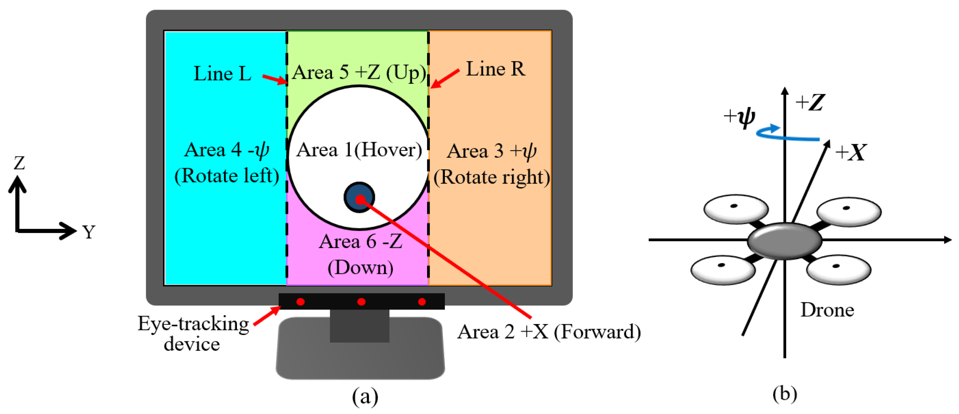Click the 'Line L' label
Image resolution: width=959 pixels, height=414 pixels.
[x=223, y=73]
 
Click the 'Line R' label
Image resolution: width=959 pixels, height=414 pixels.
[x=495, y=69]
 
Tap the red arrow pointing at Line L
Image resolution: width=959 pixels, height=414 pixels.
[x=275, y=79]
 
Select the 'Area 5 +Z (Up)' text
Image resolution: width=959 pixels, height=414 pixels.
[x=359, y=72]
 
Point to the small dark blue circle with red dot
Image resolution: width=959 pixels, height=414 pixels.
[x=359, y=197]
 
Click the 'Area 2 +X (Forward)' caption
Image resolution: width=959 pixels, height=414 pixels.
[x=549, y=332]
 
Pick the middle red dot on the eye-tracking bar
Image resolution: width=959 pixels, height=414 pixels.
[x=361, y=301]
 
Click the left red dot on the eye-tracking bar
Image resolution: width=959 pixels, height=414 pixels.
[x=301, y=301]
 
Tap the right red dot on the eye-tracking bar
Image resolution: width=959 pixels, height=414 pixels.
[x=422, y=301]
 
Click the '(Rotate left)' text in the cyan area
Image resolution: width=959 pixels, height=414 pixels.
[x=227, y=176]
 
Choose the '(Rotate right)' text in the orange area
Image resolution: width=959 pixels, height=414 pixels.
[x=491, y=177]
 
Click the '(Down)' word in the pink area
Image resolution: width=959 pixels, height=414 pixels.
[x=360, y=267]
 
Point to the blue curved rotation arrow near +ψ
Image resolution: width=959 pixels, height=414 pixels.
[x=782, y=135]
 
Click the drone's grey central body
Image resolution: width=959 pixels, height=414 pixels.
[x=784, y=241]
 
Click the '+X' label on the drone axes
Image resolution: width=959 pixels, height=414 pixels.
[x=851, y=152]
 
